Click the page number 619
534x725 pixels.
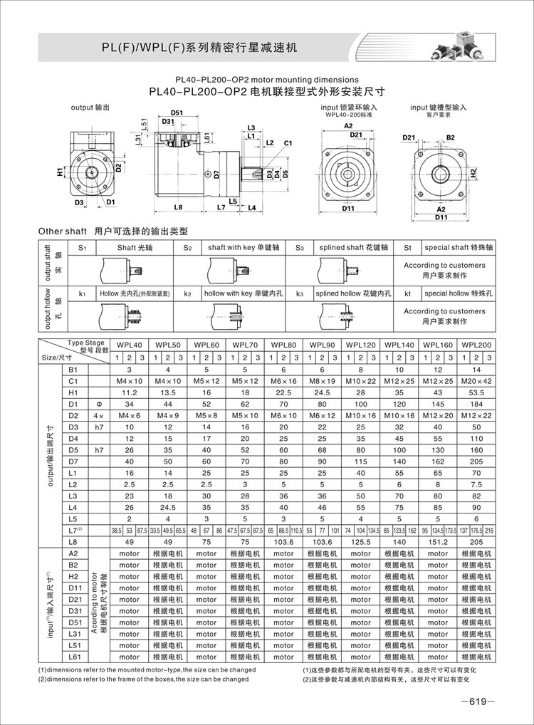point(475,701)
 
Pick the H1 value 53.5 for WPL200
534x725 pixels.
point(476,392)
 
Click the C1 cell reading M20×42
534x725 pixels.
point(476,380)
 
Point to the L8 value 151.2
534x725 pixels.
point(438,541)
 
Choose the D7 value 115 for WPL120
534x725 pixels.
point(360,461)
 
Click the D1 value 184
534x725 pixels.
point(476,403)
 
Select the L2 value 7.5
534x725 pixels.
point(476,484)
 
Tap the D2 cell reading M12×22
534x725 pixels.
point(476,415)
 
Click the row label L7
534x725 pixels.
point(73,530)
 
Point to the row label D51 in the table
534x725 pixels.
point(73,622)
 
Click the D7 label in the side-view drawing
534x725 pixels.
point(216,174)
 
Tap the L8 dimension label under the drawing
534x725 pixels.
point(178,207)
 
